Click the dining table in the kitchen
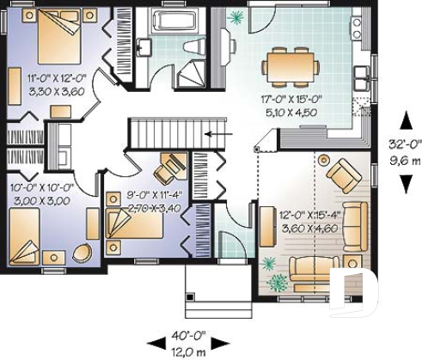288,63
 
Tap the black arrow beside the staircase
218,134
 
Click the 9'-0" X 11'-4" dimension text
152,195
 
